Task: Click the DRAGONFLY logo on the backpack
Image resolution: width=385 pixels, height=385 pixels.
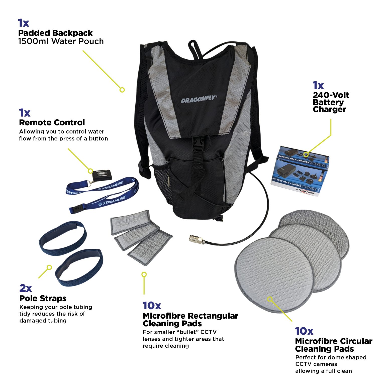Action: (198, 100)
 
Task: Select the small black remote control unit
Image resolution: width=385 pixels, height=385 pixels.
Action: (102, 175)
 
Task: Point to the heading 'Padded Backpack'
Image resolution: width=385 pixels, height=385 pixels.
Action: (55, 33)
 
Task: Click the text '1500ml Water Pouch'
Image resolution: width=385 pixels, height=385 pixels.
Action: (61, 41)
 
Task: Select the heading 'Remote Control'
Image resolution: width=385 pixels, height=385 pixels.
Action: (52, 123)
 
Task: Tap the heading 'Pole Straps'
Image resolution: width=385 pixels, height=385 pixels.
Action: (43, 298)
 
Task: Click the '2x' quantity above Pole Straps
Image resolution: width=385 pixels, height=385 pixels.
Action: (25, 288)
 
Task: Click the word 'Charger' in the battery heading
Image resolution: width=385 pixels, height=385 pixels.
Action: (329, 110)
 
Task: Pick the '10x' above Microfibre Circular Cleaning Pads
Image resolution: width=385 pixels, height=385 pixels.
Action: (304, 331)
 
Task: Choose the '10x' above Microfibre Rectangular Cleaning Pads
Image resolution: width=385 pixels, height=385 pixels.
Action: (152, 306)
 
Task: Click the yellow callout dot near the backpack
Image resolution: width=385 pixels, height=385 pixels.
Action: (122, 90)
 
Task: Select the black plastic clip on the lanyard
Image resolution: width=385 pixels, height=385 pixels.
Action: (76, 209)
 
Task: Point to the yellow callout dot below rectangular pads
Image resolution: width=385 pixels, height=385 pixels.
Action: (144, 274)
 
